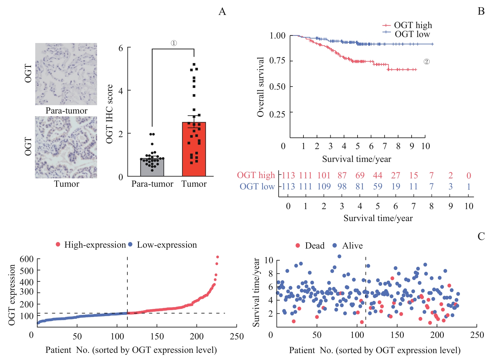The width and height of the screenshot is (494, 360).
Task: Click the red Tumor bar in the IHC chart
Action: (194, 149)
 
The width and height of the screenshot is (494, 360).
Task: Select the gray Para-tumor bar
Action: (152, 167)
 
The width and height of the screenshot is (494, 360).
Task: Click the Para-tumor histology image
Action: (66, 74)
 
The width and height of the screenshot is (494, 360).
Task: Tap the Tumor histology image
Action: (66, 147)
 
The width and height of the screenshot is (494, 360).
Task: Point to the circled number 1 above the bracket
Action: (174, 43)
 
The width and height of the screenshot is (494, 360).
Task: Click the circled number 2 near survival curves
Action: (427, 62)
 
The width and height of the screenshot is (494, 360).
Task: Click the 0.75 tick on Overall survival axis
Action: (277, 61)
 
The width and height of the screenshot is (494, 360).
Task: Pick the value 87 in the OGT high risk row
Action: (342, 175)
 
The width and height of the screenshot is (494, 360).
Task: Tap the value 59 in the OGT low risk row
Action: (378, 186)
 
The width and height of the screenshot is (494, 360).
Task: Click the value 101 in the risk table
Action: (324, 175)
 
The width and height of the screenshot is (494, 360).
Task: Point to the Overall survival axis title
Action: (260, 87)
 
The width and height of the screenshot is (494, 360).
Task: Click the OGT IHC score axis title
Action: (110, 114)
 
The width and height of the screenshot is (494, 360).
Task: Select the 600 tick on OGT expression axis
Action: (27, 259)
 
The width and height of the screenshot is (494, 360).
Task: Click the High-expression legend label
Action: (95, 245)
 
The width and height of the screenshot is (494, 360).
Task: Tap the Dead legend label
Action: (314, 246)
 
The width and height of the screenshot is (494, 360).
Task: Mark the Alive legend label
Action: (352, 246)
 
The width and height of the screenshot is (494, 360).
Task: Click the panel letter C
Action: (481, 236)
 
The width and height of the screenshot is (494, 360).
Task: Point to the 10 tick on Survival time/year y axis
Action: (269, 260)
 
